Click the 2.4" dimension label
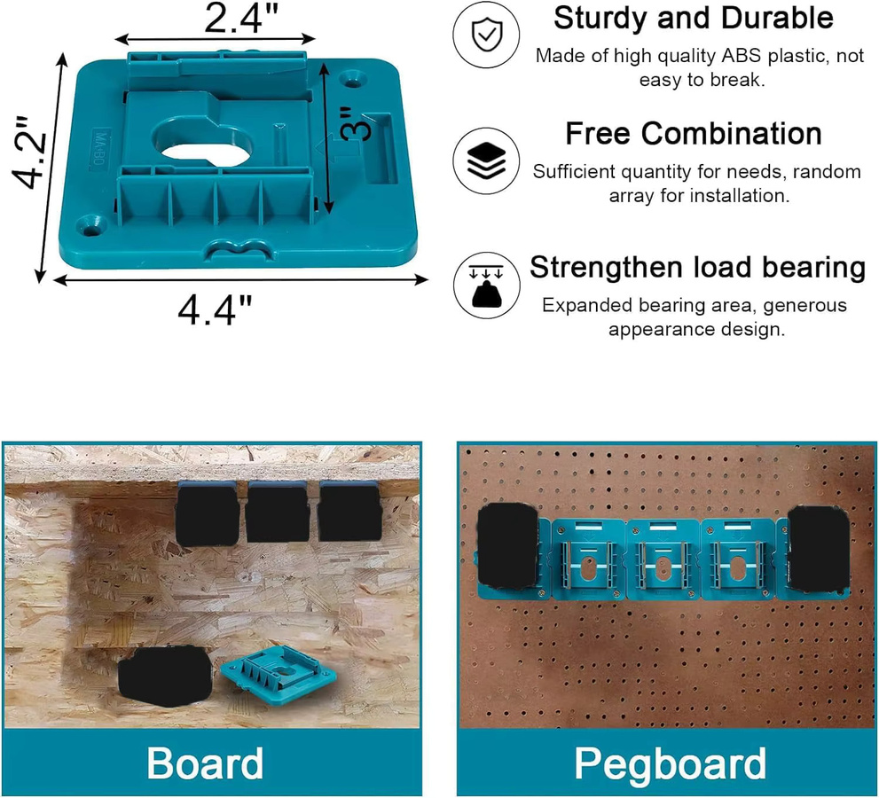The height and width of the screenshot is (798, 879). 240,19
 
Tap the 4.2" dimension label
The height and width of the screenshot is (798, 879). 29,153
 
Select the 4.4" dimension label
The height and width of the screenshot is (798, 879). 215,309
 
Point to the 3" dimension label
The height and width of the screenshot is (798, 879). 356,124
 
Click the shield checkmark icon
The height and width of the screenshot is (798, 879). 486,35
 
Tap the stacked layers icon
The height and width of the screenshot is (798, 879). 486,160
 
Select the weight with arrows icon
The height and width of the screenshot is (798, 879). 486,286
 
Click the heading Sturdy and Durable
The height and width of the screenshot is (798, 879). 694,18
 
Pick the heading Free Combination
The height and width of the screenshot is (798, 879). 694,133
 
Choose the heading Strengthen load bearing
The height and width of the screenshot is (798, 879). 697,267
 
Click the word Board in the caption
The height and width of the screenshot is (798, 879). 205,763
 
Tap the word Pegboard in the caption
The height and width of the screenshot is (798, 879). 670,763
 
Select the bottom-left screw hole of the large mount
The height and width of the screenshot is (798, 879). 91,224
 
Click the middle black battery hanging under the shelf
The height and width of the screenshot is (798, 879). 277,512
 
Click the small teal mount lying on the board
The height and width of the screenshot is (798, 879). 279,672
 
